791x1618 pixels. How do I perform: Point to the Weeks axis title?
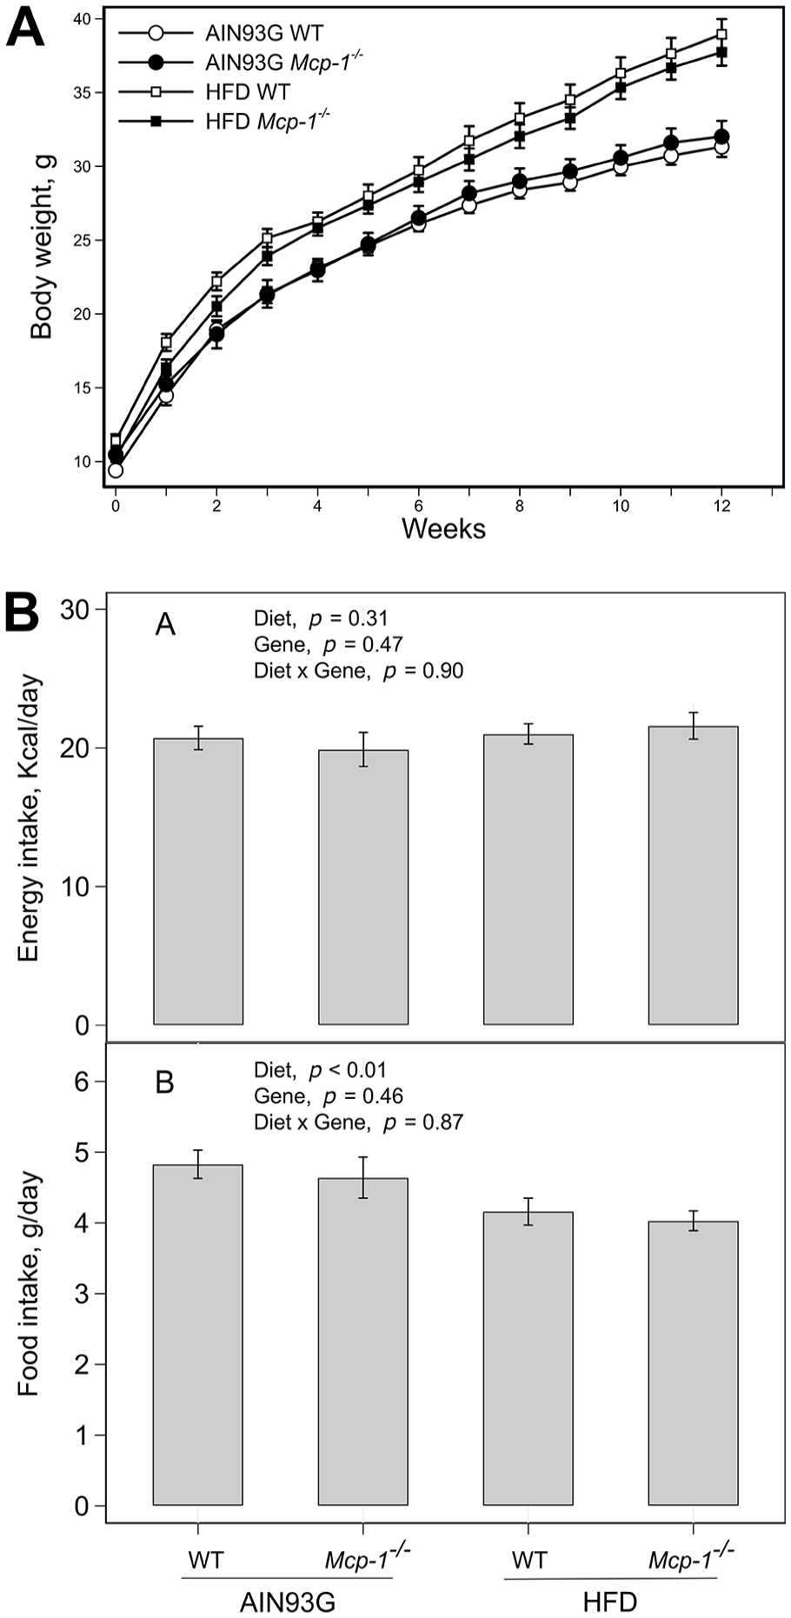(x=443, y=528)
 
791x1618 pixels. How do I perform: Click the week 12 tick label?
(x=721, y=504)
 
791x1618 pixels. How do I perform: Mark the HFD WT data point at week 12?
(x=721, y=35)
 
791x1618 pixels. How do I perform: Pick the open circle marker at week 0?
(x=116, y=470)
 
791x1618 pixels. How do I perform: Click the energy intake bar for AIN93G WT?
(x=198, y=882)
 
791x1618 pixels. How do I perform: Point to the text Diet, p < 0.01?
(x=320, y=1070)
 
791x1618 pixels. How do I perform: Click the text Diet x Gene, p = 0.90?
(x=358, y=670)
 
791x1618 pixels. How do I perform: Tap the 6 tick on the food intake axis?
(x=85, y=1082)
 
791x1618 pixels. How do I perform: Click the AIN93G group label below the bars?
(x=288, y=1601)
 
